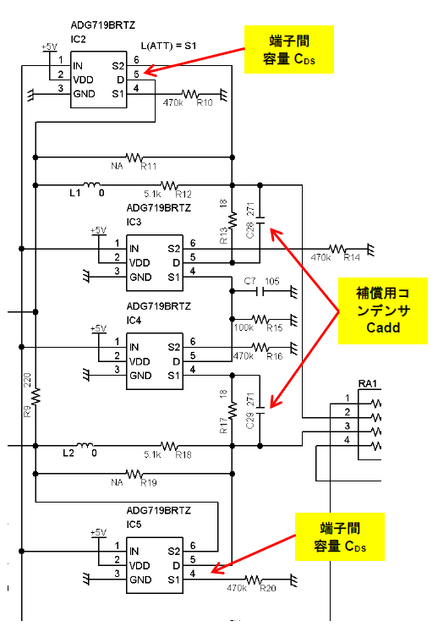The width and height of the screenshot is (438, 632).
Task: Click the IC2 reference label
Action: (x=78, y=39)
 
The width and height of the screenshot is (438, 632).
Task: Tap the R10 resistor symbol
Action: (x=189, y=94)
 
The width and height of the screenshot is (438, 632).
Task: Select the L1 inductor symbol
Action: (x=94, y=184)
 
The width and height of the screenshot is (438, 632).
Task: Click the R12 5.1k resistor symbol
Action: (x=169, y=185)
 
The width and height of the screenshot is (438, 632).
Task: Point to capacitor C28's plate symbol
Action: (x=260, y=220)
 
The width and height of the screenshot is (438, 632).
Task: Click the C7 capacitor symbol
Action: (x=260, y=291)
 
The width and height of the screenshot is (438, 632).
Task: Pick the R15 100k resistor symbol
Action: (x=260, y=320)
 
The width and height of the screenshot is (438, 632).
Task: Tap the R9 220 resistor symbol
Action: (x=36, y=396)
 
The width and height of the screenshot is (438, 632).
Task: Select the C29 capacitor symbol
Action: (x=260, y=410)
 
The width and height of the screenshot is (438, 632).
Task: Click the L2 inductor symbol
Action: (x=85, y=445)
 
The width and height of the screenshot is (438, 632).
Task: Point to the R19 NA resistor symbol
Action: (x=134, y=474)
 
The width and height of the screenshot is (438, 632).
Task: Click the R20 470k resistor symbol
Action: (x=254, y=580)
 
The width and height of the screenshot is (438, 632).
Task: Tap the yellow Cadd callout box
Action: (x=382, y=311)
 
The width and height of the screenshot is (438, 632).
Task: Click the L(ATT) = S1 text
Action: (x=168, y=46)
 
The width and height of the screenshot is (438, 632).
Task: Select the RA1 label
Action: (x=367, y=383)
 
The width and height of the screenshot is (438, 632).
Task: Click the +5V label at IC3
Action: (x=98, y=230)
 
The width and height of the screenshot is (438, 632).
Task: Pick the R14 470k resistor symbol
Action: (x=337, y=249)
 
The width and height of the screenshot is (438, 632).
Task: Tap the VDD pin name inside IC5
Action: (x=140, y=565)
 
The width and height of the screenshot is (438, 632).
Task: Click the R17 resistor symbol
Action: (x=233, y=410)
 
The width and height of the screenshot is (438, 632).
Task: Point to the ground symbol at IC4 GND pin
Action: (x=85, y=376)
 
